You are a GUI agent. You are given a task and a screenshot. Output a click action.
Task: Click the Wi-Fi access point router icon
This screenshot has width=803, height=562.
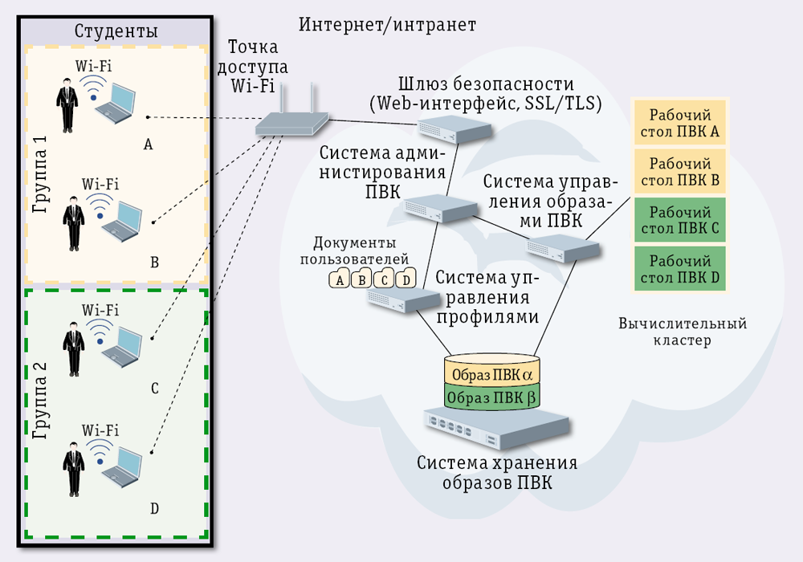pyautogui.click(x=291, y=123)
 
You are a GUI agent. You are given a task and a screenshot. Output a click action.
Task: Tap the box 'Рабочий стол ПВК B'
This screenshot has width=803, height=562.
pyautogui.click(x=679, y=171)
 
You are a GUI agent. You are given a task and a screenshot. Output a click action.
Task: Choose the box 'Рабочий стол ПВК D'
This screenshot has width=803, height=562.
pyautogui.click(x=679, y=269)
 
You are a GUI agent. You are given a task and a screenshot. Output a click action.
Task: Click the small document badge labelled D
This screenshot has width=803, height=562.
pyautogui.click(x=406, y=279)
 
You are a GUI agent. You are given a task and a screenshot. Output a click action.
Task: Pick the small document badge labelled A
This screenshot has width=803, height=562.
pyautogui.click(x=340, y=279)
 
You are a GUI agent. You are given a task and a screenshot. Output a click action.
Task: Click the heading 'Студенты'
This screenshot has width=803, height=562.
pyautogui.click(x=116, y=31)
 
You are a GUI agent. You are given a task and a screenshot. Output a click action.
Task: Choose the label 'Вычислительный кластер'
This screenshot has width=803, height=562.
pyautogui.click(x=683, y=332)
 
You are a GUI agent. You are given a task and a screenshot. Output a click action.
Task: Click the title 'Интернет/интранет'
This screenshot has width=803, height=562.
pyautogui.click(x=387, y=25)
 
